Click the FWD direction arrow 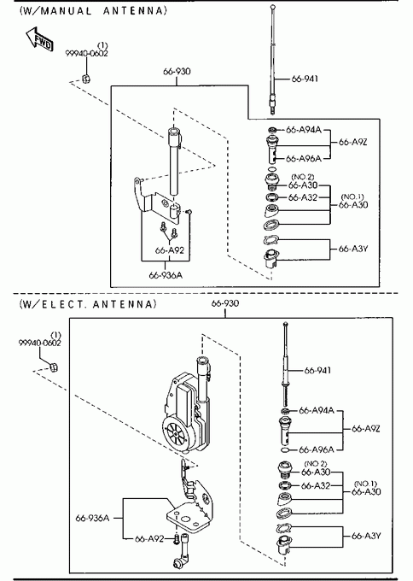pyautogui.click(x=39, y=38)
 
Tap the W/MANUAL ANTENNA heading pyautogui.click(x=93, y=10)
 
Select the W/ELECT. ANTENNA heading pyautogui.click(x=88, y=304)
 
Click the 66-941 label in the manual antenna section pyautogui.click(x=305, y=79)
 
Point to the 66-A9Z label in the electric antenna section pyautogui.click(x=365, y=429)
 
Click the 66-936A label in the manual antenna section pyautogui.click(x=166, y=275)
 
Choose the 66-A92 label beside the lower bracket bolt pyautogui.click(x=149, y=539)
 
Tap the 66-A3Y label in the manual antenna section pyautogui.click(x=353, y=249)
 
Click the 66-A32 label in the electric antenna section pyautogui.click(x=316, y=485)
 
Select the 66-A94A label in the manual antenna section pyautogui.click(x=304, y=130)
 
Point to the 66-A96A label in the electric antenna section pyautogui.click(x=317, y=449)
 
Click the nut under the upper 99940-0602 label pyautogui.click(x=86, y=79)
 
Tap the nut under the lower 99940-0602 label pyautogui.click(x=54, y=367)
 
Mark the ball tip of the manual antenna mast pyautogui.click(x=273, y=6)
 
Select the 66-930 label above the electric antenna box pyautogui.click(x=225, y=303)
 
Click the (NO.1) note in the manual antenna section pyautogui.click(x=352, y=197)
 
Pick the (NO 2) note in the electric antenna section pyautogui.click(x=316, y=464)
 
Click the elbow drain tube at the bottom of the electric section pyautogui.click(x=181, y=552)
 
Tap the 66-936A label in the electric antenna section pyautogui.click(x=92, y=518)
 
